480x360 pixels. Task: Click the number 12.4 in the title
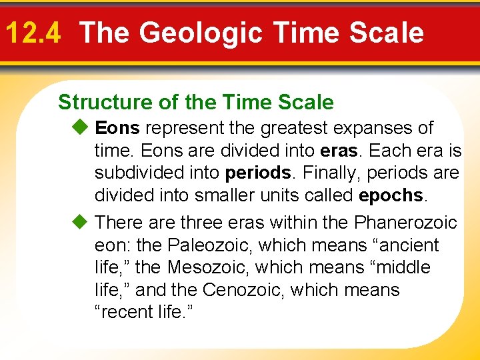point(33,33)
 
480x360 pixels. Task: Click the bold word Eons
point(118,127)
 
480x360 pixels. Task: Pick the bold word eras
point(339,151)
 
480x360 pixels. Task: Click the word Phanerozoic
point(405,222)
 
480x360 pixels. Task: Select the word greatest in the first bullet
point(291,127)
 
